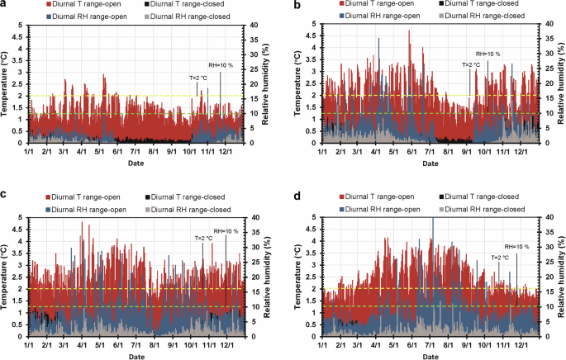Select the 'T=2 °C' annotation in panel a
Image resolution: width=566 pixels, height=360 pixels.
click(199, 78)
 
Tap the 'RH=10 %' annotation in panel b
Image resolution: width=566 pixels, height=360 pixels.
click(488, 54)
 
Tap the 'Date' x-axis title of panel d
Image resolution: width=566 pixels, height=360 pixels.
click(430, 357)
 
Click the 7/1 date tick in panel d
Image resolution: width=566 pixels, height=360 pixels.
click(430, 344)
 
